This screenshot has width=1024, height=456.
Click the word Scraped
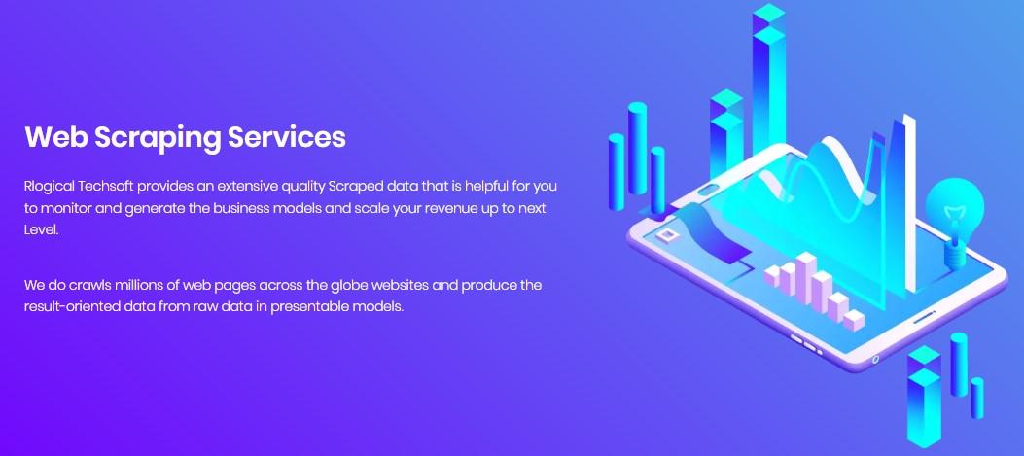(x=355, y=187)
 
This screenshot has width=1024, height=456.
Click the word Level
(x=41, y=230)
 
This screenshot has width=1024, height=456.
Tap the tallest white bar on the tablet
(x=806, y=278)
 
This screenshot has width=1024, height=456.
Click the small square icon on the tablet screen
(x=667, y=234)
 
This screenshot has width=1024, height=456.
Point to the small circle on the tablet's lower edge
(x=876, y=359)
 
